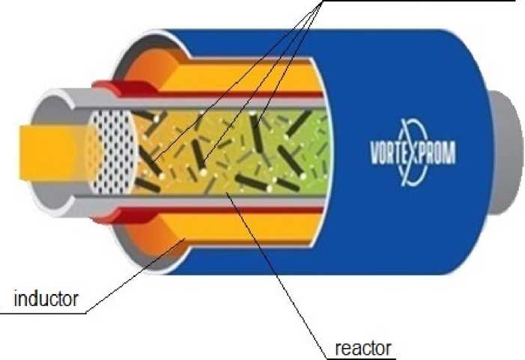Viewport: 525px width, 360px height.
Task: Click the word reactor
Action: point(362,348)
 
